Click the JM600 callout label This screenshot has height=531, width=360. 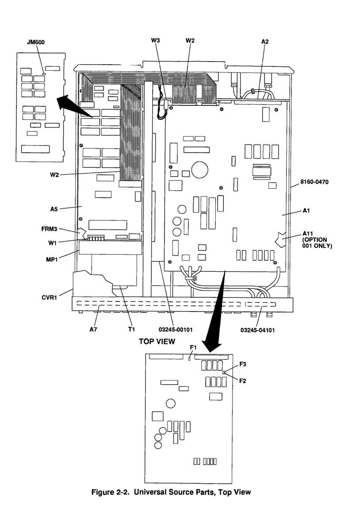(x=35, y=42)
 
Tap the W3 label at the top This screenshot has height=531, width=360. (x=155, y=41)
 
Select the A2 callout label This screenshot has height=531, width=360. (x=265, y=41)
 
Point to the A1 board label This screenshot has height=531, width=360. (x=306, y=211)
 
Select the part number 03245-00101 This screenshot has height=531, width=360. (x=176, y=329)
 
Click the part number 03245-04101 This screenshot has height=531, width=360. (x=258, y=330)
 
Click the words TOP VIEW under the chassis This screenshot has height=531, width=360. (x=157, y=341)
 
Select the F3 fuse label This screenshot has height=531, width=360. (x=243, y=364)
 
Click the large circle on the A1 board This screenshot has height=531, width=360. (x=199, y=169)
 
